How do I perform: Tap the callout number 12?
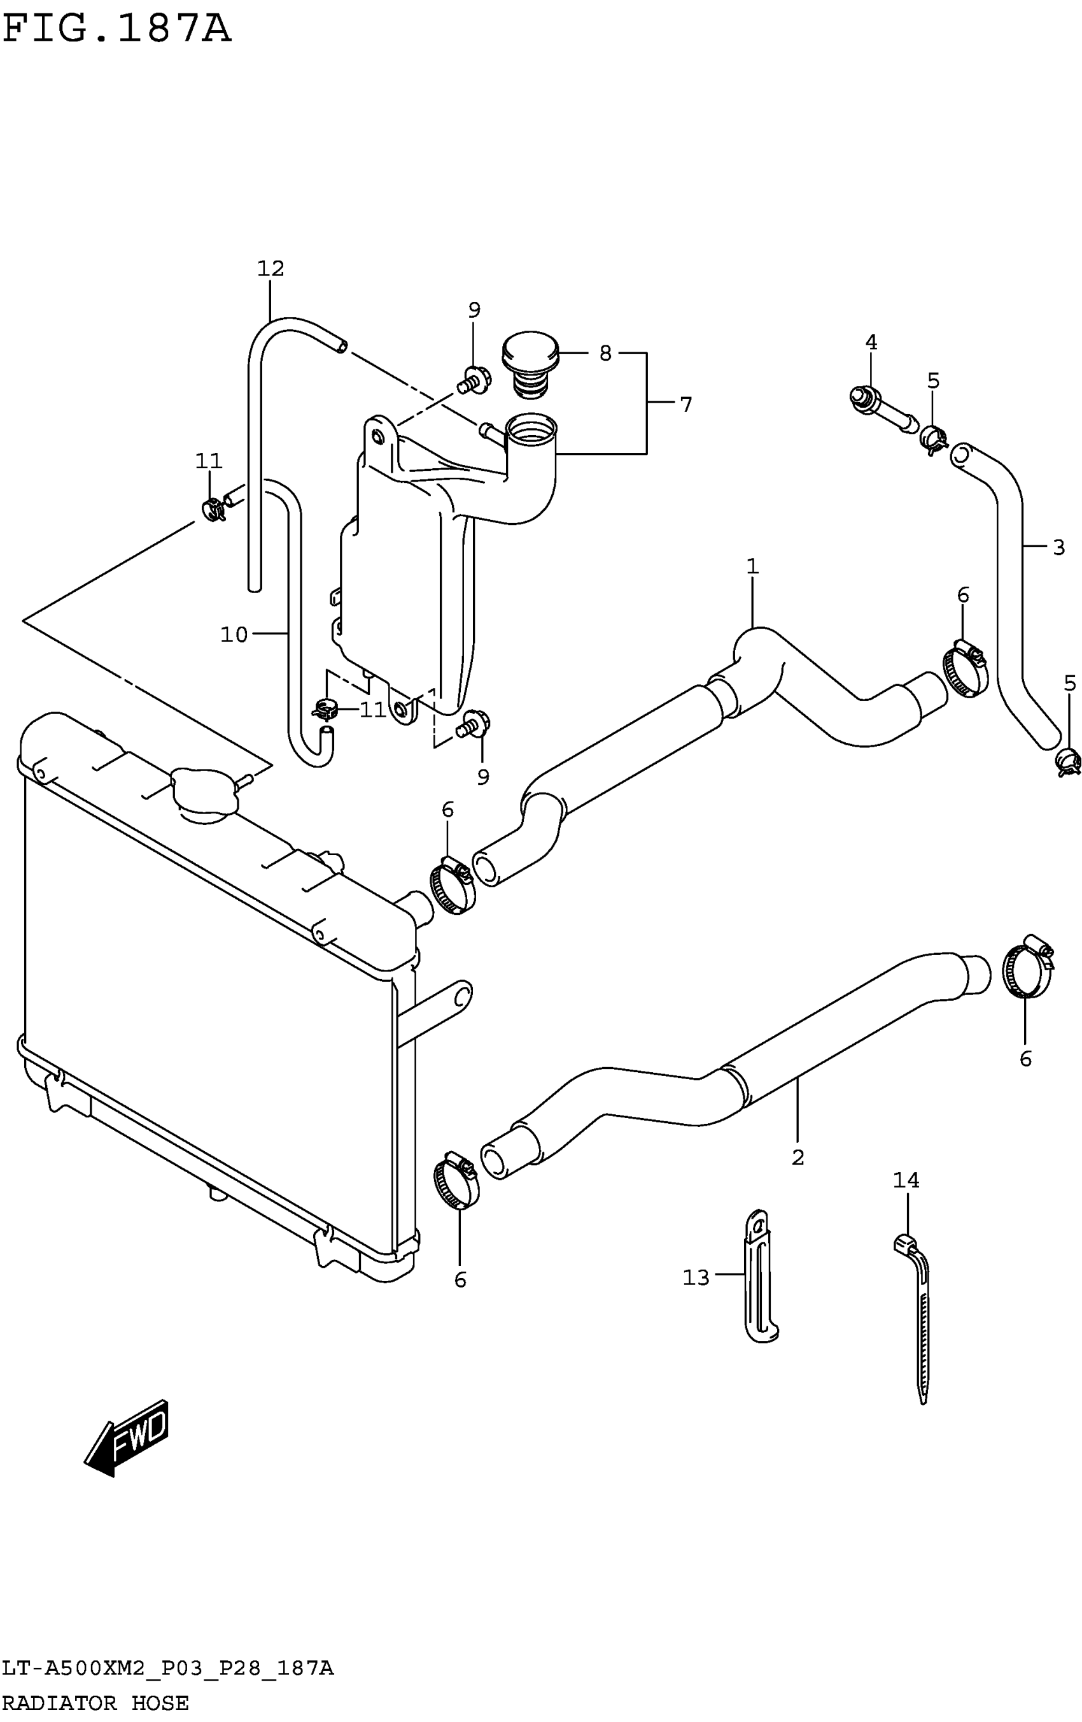pos(271,269)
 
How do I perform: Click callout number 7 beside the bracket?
pos(686,405)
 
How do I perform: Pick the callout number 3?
pos(1058,547)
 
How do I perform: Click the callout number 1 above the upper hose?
pos(752,567)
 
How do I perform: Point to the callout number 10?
pos(234,635)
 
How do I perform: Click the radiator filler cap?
pos(204,793)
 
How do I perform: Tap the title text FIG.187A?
pos(117,29)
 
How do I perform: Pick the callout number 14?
pos(906,1180)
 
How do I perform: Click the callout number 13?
pos(696,1277)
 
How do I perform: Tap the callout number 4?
pos(871,343)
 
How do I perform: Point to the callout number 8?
pos(605,354)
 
